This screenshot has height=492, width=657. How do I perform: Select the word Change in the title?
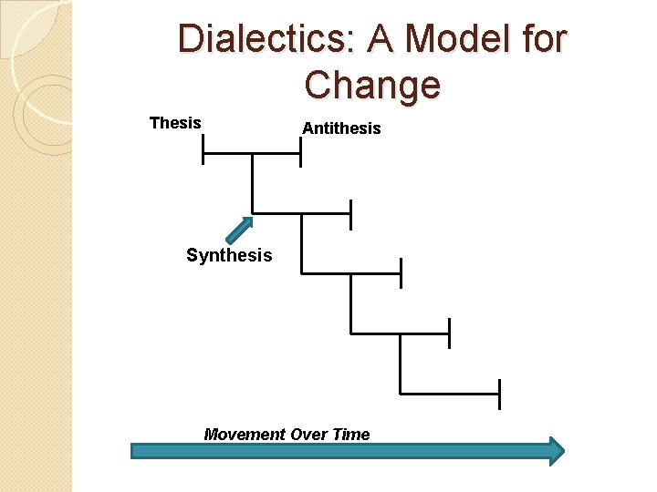[x=372, y=86]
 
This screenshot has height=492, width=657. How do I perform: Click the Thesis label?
[x=175, y=123]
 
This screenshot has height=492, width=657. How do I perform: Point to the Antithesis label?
[x=341, y=128]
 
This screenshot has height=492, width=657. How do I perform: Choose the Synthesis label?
[x=229, y=255]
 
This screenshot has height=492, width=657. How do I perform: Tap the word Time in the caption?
[x=351, y=435]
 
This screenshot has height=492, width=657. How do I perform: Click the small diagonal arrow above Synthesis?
[x=239, y=230]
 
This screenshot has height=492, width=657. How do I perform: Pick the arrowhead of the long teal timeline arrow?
[x=556, y=450]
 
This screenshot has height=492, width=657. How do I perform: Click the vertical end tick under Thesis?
[x=203, y=149]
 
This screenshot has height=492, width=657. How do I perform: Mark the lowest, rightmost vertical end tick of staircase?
[x=499, y=394]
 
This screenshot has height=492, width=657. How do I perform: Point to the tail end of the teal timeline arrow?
[x=135, y=450]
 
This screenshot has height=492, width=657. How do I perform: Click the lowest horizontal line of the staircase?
[x=449, y=394]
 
